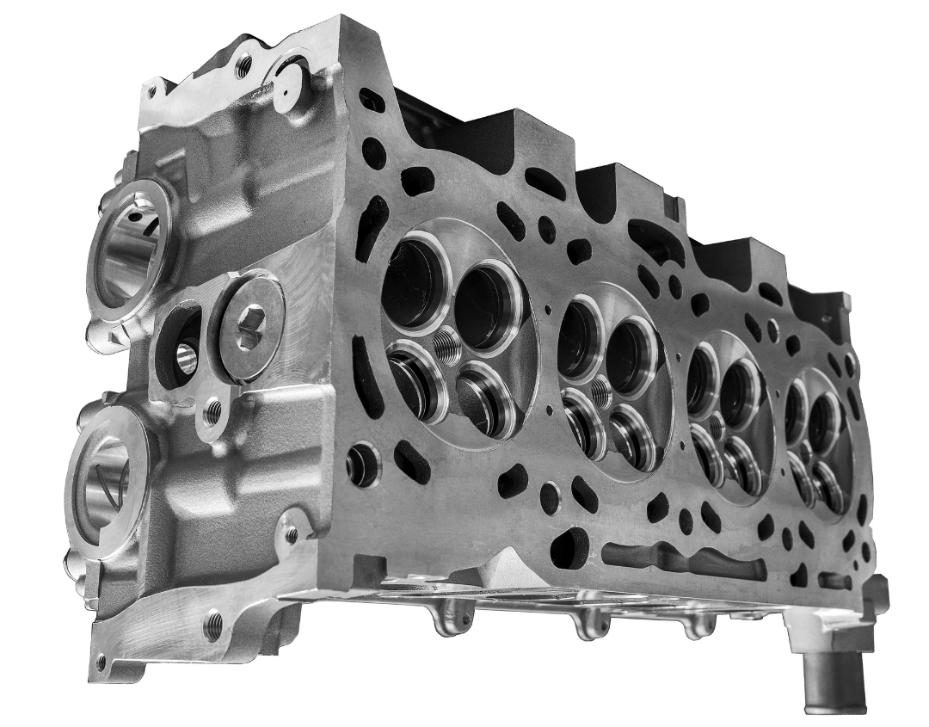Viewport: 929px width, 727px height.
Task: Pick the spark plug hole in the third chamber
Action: coord(715,424)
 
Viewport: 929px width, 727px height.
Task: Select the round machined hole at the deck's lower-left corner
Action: coord(362,465)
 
